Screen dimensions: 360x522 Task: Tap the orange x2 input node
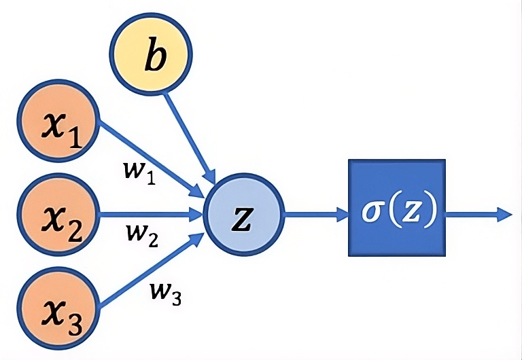pos(58,215)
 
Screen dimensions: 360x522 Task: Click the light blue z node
pos(243,216)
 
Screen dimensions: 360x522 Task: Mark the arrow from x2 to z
pos(153,215)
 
